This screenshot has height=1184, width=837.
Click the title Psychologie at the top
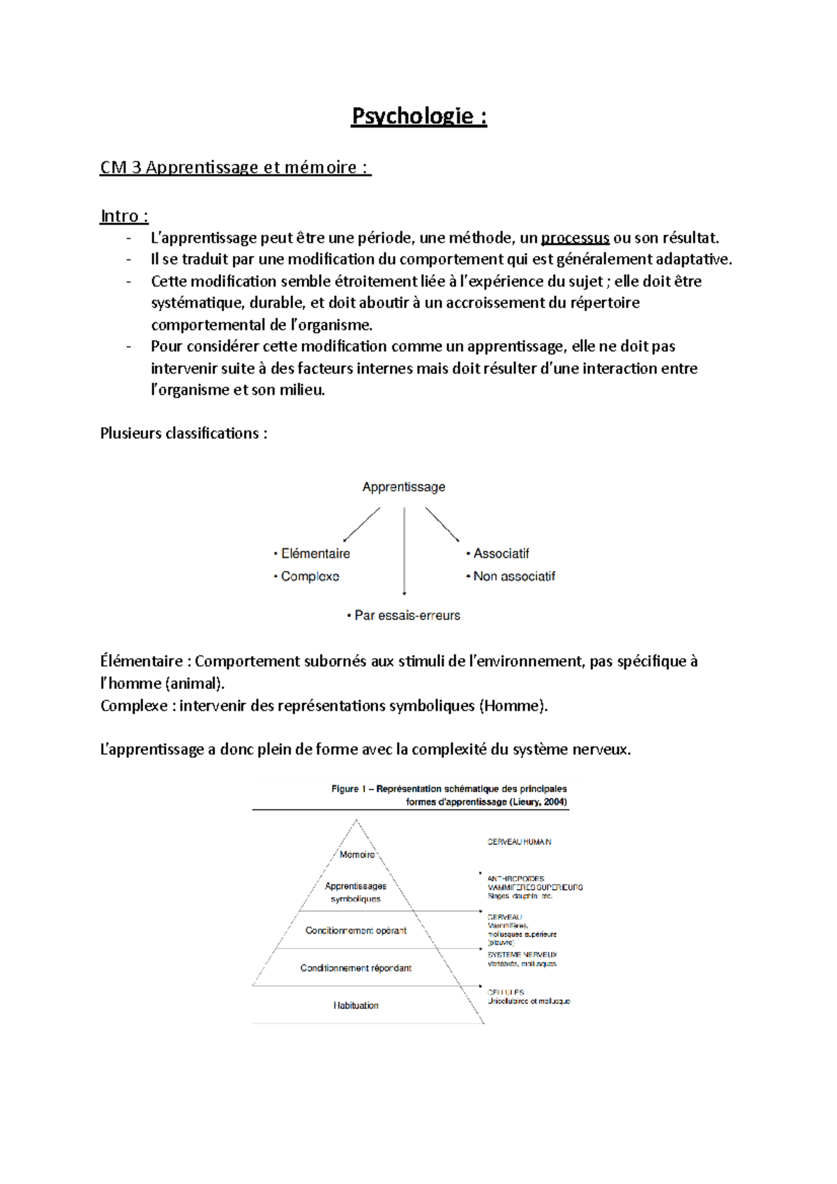click(418, 116)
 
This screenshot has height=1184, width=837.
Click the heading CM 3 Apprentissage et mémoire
click(235, 167)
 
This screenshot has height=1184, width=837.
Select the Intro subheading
click(124, 216)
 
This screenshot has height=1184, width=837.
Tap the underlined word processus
click(575, 238)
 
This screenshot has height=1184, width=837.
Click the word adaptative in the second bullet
click(693, 260)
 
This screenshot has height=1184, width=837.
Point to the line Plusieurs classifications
click(183, 434)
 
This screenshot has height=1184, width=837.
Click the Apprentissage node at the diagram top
click(403, 487)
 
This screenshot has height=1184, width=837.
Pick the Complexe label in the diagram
click(310, 577)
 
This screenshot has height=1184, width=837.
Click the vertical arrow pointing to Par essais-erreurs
click(405, 551)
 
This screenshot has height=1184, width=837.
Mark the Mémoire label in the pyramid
click(357, 855)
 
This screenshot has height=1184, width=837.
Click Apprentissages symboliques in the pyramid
click(356, 893)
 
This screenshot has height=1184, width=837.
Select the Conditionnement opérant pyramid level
click(356, 931)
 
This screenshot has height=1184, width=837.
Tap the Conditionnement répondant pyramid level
click(356, 969)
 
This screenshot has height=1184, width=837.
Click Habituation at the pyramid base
click(356, 1005)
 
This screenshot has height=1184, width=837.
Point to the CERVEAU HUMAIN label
click(519, 842)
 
